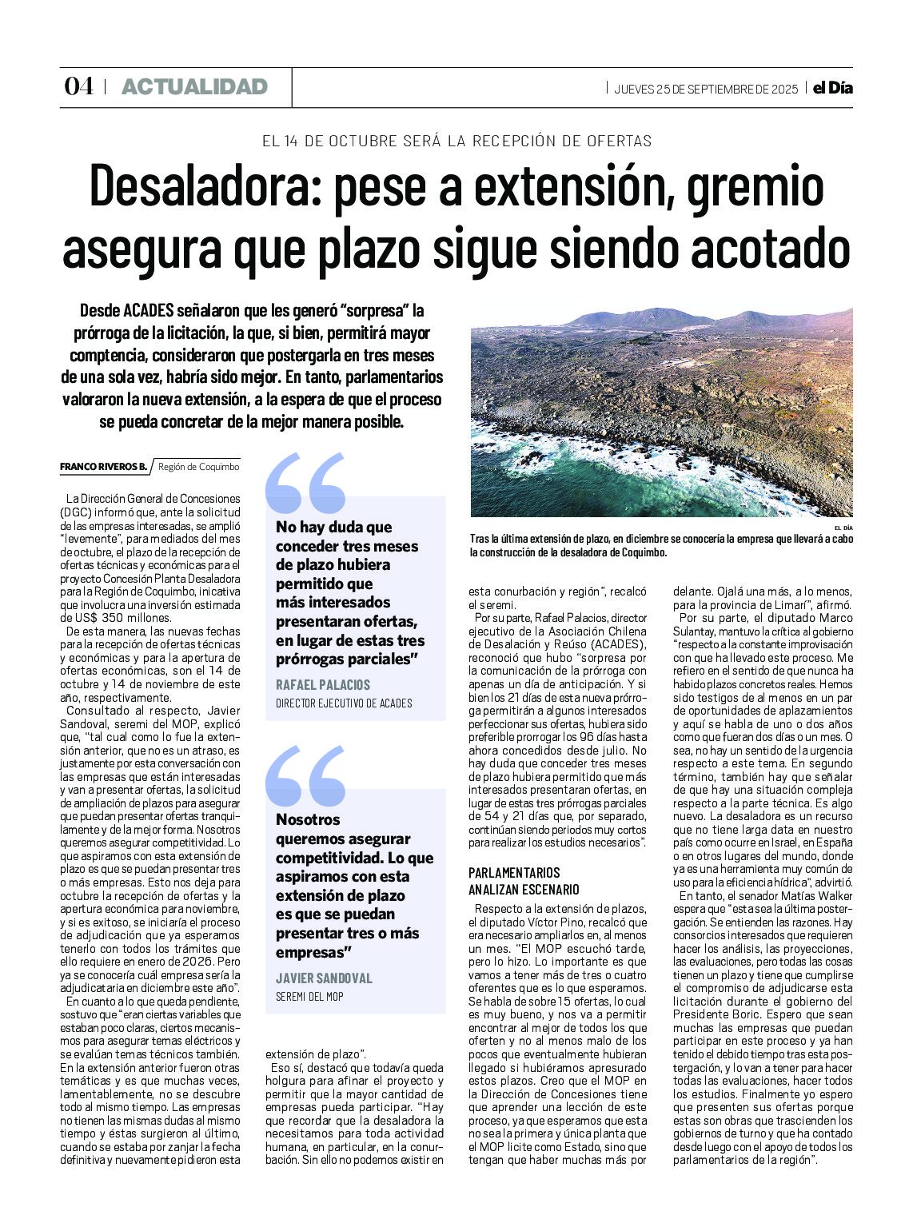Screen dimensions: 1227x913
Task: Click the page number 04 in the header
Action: pos(78,87)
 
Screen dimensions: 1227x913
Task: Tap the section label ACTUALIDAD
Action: pos(194,87)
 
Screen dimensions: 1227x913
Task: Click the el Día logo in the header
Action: pos(832,88)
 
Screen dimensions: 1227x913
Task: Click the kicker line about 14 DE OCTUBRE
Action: pos(456,141)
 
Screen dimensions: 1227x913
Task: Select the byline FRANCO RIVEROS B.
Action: pos(103,467)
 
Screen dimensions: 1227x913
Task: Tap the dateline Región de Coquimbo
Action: pos(198,467)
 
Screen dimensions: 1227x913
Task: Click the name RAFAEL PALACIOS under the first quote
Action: pos(323,685)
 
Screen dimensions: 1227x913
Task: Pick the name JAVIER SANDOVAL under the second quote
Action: pos(324,978)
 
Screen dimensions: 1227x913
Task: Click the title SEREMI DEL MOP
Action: pos(309,997)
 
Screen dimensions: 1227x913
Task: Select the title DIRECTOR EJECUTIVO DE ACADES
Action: pos(344,703)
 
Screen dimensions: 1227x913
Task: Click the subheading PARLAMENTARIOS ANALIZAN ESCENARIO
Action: pos(524,881)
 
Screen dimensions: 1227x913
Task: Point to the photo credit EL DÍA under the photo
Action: pos(843,528)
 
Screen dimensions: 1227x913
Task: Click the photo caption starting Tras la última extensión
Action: pos(661,545)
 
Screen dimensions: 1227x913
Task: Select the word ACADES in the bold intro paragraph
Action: pos(149,310)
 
